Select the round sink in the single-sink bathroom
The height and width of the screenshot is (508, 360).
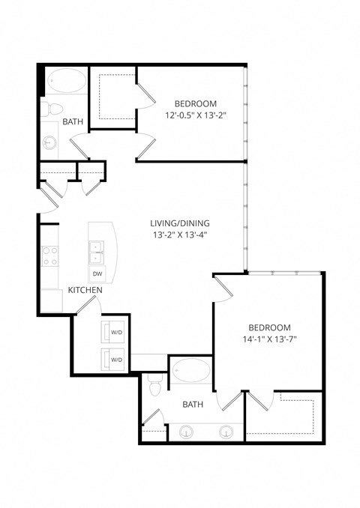pyautogui.click(x=50, y=141)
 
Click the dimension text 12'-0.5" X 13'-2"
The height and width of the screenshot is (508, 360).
pyautogui.click(x=196, y=115)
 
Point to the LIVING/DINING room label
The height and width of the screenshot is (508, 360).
pyautogui.click(x=181, y=223)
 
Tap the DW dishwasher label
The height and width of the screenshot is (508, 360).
pyautogui.click(x=97, y=273)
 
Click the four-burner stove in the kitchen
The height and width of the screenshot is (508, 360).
pyautogui.click(x=51, y=257)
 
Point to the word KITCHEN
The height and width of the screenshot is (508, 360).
pyautogui.click(x=86, y=289)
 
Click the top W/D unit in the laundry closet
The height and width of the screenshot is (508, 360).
pyautogui.click(x=115, y=331)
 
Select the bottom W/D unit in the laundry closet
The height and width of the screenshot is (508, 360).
pyautogui.click(x=115, y=359)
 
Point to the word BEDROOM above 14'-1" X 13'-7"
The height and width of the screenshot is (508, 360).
pyautogui.click(x=269, y=327)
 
